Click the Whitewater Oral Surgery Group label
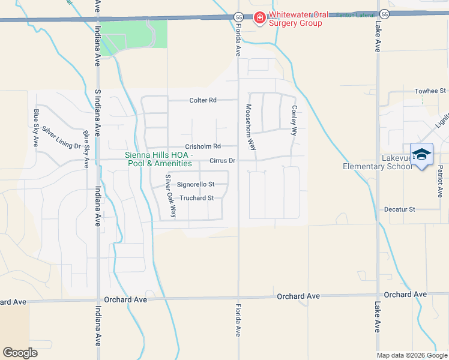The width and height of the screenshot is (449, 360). (x=295, y=19)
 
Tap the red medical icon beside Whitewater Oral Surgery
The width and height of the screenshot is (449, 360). (x=259, y=19)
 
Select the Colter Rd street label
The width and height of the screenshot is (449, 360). (x=203, y=100)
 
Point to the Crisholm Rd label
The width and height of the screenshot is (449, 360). (x=203, y=146)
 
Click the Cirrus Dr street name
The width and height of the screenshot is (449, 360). (x=223, y=161)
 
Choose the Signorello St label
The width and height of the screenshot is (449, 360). (x=195, y=184)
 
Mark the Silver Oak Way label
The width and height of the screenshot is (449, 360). (x=170, y=196)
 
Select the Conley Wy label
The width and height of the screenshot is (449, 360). (x=294, y=121)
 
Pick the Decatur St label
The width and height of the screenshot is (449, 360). (x=400, y=209)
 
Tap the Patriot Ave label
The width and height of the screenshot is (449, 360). (x=439, y=183)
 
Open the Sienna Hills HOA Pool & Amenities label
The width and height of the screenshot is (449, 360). (x=158, y=159)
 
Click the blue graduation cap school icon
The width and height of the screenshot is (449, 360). (x=421, y=154)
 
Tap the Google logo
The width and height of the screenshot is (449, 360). (x=20, y=353)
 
